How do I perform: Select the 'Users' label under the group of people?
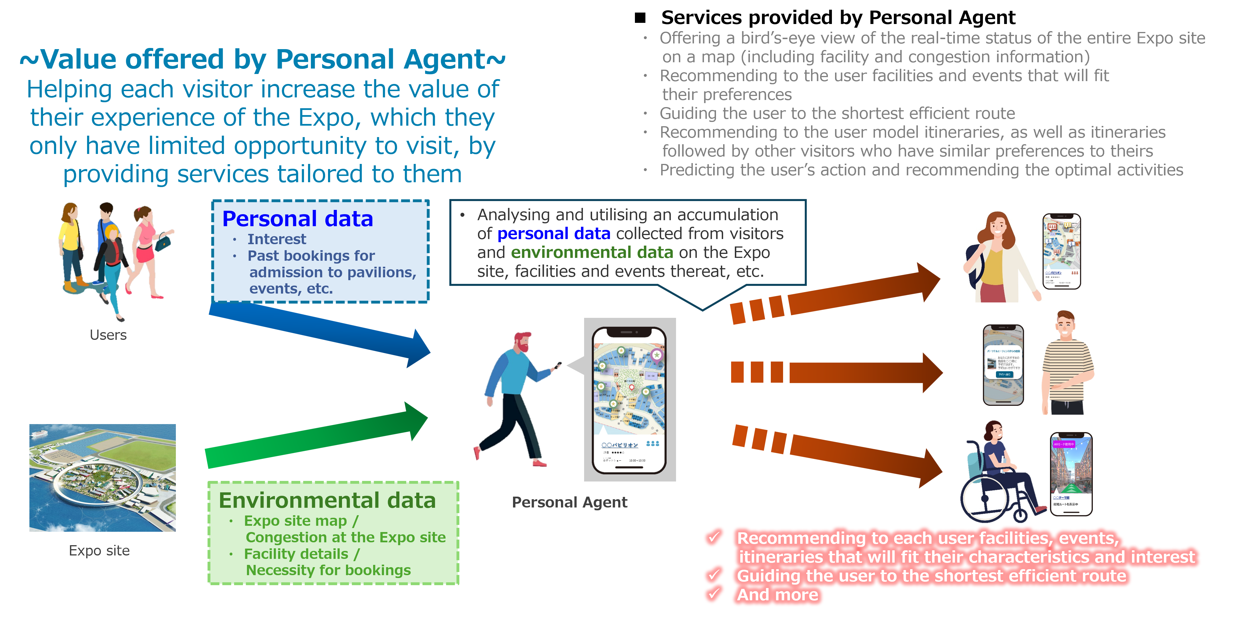[x=108, y=335]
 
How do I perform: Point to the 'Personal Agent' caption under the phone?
[x=569, y=502]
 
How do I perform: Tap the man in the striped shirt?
[x=1067, y=364]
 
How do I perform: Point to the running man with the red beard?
[x=514, y=397]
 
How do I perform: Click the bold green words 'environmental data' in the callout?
[x=592, y=252]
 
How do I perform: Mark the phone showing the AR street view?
[x=1071, y=474]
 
